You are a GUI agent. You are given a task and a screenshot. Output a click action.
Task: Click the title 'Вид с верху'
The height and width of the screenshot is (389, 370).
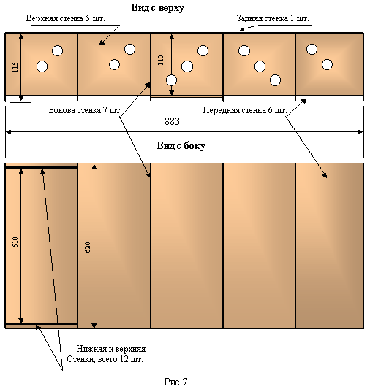point(157,8)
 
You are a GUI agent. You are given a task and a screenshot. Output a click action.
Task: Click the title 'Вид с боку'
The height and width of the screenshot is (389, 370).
point(181,146)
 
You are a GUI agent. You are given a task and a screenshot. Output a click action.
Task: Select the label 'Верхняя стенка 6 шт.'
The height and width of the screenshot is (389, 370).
point(66,18)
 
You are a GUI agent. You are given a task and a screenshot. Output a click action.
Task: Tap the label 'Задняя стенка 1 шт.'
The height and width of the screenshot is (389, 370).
point(273,18)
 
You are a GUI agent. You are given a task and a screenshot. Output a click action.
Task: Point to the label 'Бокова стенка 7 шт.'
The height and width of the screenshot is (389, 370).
point(85,110)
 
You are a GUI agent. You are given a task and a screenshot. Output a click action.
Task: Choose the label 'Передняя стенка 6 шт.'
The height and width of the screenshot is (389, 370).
point(245,110)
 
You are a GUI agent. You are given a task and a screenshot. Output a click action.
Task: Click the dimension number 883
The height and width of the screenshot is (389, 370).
point(172,121)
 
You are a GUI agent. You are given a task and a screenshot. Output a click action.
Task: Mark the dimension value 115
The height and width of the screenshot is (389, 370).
point(15,67)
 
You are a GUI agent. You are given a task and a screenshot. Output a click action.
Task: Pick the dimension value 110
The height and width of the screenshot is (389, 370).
point(161,60)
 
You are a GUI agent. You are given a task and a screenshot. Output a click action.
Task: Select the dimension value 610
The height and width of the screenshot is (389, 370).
point(15,242)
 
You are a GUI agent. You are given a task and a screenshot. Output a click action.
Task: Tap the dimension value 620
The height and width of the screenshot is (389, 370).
point(88,247)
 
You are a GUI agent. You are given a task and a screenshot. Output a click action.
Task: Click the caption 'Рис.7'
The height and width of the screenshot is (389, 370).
point(175,382)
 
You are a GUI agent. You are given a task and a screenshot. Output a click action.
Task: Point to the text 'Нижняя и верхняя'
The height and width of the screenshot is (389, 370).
point(111,349)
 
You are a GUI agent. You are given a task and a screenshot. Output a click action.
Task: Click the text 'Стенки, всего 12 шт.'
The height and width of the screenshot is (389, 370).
point(105,359)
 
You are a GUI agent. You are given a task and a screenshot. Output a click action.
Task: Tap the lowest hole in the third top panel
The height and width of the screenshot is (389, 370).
point(171,80)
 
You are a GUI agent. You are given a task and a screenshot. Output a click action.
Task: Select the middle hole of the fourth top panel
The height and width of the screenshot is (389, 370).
point(260,66)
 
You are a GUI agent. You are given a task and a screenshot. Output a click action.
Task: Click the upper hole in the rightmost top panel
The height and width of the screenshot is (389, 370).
point(312,49)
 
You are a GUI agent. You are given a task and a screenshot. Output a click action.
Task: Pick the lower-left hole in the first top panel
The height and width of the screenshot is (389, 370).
point(42,66)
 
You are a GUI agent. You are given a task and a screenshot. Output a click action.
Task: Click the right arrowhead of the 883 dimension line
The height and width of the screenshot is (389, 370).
point(361,132)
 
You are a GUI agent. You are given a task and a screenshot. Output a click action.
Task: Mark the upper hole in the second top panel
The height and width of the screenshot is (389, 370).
point(129,49)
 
